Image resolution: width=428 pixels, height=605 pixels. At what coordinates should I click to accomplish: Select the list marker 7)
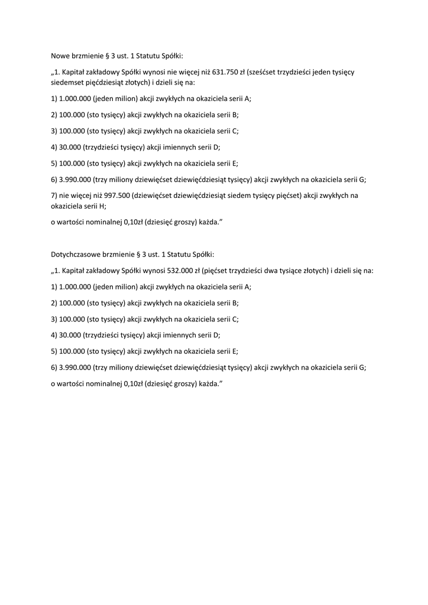pos(54,195)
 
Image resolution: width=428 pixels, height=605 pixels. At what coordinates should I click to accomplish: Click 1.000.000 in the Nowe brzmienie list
pos(75,99)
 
